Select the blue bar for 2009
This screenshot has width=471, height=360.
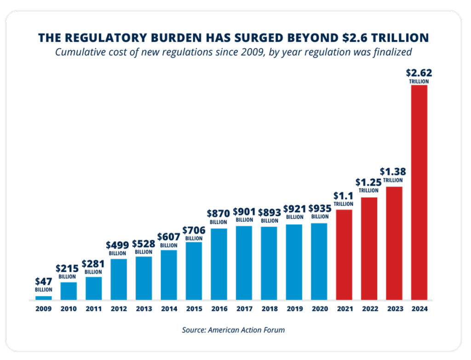[x=44, y=298]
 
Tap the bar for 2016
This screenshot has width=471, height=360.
[x=218, y=264]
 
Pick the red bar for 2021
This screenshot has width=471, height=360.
[x=344, y=255]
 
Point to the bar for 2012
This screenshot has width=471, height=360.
[x=119, y=279]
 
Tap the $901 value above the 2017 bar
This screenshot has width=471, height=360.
[x=244, y=211]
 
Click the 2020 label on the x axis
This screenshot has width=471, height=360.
[x=319, y=309]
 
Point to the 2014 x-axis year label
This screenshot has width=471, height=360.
[x=169, y=309]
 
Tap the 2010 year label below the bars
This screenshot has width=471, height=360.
[x=69, y=309]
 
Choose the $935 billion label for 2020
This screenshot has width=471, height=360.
[x=319, y=212]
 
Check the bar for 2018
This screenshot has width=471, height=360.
[x=269, y=263]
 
